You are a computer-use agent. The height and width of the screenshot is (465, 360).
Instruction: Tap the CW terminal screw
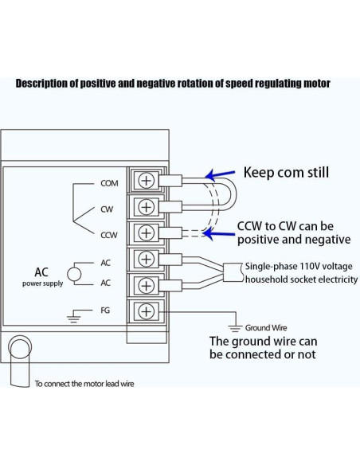[146, 207]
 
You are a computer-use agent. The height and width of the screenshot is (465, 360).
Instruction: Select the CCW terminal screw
[146, 232]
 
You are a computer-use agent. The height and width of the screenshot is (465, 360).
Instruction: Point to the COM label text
[109, 183]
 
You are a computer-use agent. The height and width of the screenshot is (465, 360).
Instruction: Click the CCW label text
[109, 236]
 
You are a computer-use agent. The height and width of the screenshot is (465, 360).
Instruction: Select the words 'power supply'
[43, 283]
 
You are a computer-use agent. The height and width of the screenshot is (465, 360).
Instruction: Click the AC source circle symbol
[74, 273]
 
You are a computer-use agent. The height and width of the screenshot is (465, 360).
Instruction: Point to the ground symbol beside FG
[76, 315]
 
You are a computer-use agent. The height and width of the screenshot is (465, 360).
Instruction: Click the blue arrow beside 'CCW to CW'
[218, 231]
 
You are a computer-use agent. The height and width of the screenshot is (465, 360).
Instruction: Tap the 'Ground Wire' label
[266, 327]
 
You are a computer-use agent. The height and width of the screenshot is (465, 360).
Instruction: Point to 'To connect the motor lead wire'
[84, 384]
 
